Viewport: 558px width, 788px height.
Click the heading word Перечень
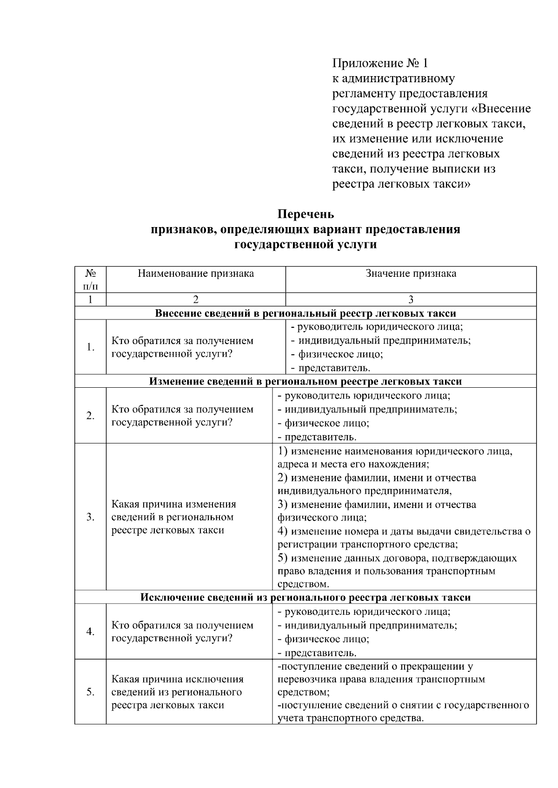pos(306,215)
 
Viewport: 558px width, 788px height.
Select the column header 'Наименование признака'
pos(195,274)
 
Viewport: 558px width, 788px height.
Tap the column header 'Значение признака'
pos(411,274)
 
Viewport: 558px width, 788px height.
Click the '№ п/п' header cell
pos(90,279)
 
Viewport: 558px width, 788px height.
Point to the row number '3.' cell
pos(90,517)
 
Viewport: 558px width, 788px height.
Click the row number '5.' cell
pos(90,692)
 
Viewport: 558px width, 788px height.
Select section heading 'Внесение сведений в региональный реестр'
pos(305,313)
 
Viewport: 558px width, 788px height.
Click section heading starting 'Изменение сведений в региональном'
pos(305,382)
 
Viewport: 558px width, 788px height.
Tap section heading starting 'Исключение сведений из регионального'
pos(305,598)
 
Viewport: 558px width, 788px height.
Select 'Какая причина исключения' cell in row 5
pos(177,692)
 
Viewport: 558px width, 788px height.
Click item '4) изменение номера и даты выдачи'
pos(404,532)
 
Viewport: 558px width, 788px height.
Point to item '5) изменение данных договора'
pos(397,558)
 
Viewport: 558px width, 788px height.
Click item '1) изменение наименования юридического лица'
pos(395,451)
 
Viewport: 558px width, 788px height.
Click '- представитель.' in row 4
pos(317,653)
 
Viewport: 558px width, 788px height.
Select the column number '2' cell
pos(195,300)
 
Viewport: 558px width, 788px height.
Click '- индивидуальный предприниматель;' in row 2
pos(367,410)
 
